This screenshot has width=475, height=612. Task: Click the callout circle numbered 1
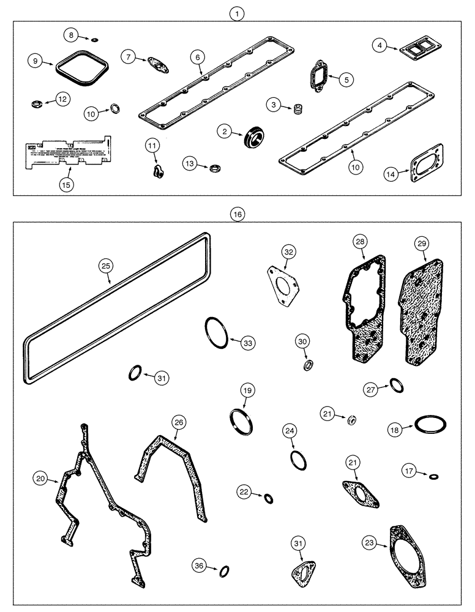238,12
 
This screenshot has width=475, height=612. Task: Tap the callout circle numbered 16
238,214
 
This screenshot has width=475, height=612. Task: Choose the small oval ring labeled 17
434,476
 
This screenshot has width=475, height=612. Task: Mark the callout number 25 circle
107,266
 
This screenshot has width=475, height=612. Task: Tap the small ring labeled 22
269,498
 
